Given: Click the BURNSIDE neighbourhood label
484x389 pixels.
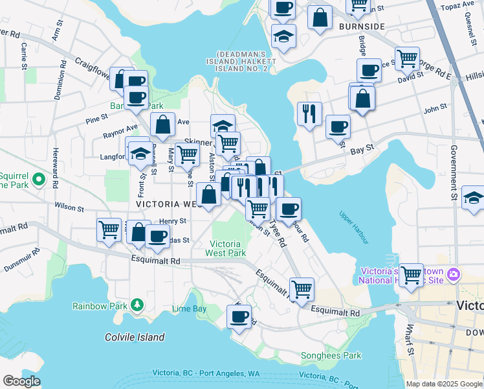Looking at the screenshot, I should click(x=362, y=27).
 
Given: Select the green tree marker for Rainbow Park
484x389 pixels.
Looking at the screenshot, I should click(x=137, y=305).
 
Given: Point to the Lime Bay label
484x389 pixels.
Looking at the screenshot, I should click(x=191, y=309).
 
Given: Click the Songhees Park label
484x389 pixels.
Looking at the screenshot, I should click(x=331, y=355).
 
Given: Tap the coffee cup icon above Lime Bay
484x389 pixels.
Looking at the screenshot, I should click(x=239, y=317).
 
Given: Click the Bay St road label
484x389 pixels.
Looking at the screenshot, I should click(x=362, y=148).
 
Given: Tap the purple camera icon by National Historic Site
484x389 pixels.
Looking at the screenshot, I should click(x=452, y=274).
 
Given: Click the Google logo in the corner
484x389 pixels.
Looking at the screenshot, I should click(x=21, y=381).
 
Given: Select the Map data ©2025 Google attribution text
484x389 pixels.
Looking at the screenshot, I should click(x=443, y=384).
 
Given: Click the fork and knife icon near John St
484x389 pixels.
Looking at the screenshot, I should click(x=309, y=113).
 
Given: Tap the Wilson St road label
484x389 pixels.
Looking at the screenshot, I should click(x=69, y=208).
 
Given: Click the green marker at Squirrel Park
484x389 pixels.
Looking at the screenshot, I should click(x=39, y=178).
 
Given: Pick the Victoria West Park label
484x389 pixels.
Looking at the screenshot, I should click(x=225, y=248).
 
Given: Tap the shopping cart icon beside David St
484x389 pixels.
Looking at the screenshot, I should click(x=407, y=58).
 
